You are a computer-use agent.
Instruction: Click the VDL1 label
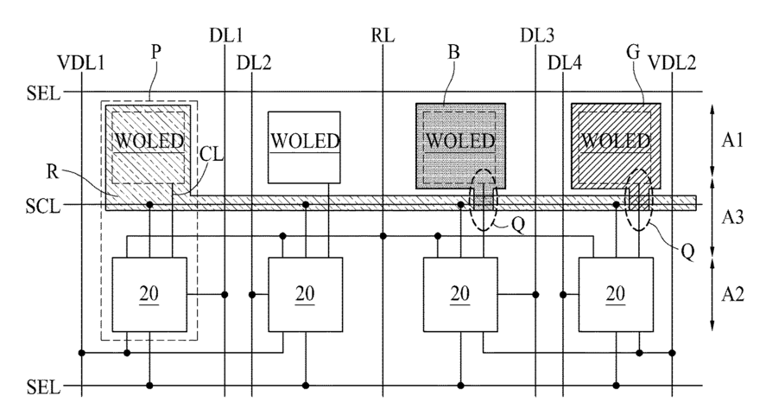pyautogui.click(x=81, y=63)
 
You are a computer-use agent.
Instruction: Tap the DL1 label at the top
pyautogui.click(x=226, y=35)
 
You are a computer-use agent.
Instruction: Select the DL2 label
pyautogui.click(x=254, y=63)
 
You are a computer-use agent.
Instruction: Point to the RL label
pyautogui.click(x=383, y=35)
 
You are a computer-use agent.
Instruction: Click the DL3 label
pyautogui.click(x=537, y=35)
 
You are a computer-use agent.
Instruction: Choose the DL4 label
pyautogui.click(x=565, y=63)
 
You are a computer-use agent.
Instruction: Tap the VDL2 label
pyautogui.click(x=672, y=63)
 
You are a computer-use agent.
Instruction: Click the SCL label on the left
pyautogui.click(x=43, y=206)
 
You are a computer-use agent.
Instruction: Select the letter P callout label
pyautogui.click(x=155, y=51)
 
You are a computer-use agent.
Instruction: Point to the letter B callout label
pyautogui.click(x=454, y=51)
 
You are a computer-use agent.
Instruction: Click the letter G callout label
pyautogui.click(x=633, y=51)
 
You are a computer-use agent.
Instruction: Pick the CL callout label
pyautogui.click(x=211, y=154)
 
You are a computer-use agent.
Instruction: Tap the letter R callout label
pyautogui.click(x=53, y=172)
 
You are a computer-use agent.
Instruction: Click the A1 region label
pyautogui.click(x=733, y=140)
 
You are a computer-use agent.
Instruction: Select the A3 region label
pyautogui.click(x=733, y=217)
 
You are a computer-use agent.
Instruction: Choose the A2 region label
pyautogui.click(x=733, y=295)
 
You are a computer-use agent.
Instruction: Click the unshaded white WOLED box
pyautogui.click(x=304, y=147)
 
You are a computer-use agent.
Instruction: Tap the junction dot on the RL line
pyautogui.click(x=383, y=236)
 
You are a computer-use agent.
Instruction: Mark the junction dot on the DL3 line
pyautogui.click(x=536, y=295)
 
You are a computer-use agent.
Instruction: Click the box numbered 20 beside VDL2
pyautogui.click(x=616, y=295)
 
